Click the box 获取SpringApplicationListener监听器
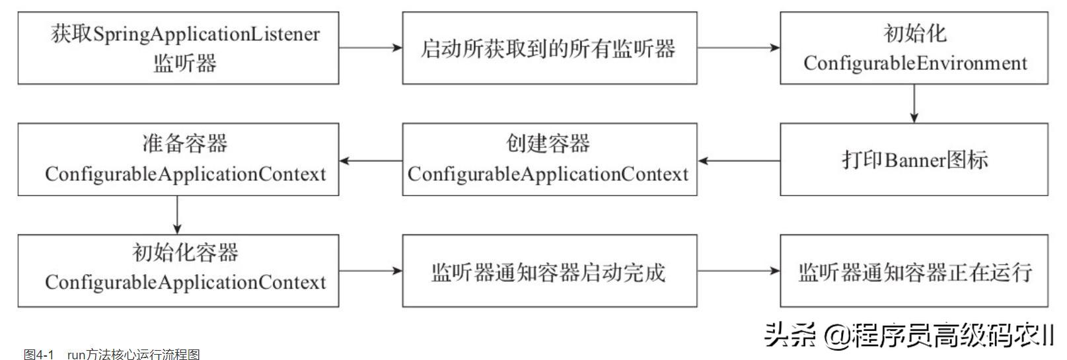click(178, 48)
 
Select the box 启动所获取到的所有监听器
click(549, 48)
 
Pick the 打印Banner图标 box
click(914, 159)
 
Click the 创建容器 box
click(549, 159)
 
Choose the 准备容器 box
click(178, 159)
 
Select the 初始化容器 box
click(178, 270)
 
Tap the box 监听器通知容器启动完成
click(549, 270)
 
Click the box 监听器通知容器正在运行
click(914, 270)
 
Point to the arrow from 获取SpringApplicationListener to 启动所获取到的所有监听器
click(371, 48)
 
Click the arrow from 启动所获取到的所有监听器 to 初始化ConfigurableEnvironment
click(739, 48)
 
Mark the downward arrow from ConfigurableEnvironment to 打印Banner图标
click(914, 103)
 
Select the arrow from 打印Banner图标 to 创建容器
click(739, 160)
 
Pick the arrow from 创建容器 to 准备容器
click(371, 160)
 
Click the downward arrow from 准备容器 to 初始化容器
click(177, 215)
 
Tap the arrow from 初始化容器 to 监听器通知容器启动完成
click(371, 270)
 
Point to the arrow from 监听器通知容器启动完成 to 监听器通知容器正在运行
click(739, 270)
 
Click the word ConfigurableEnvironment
click(915, 63)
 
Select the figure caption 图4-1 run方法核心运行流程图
click(112, 355)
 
